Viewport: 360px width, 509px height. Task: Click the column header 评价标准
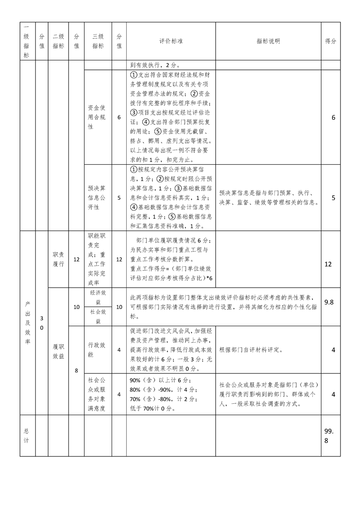tap(171, 41)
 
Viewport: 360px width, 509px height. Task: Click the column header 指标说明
tap(268, 41)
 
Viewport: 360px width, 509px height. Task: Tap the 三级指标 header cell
tap(98, 41)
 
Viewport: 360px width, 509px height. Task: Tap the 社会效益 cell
tap(98, 316)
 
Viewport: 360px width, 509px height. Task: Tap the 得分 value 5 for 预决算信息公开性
tap(333, 198)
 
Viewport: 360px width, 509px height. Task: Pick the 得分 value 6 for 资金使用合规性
tap(333, 117)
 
